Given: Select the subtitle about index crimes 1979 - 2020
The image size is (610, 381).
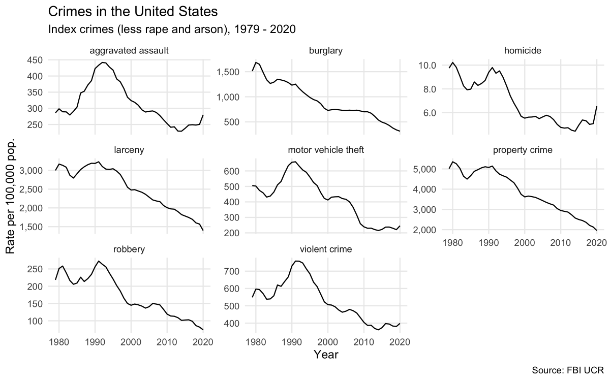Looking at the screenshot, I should [x=172, y=29].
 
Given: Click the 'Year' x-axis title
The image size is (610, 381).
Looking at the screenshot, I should [x=326, y=354].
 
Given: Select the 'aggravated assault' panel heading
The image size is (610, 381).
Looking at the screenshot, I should [x=129, y=51].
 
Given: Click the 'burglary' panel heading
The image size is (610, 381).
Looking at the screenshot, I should [x=325, y=51].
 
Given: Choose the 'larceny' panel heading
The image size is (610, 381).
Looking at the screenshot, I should [x=129, y=150].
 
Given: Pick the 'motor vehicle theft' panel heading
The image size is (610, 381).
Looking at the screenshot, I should [x=325, y=150].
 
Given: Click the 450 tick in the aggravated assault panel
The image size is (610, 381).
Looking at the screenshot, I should [x=35, y=60].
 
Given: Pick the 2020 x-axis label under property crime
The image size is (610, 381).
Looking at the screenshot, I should [x=596, y=242].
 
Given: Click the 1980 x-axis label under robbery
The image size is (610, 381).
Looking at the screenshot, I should [x=59, y=341].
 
